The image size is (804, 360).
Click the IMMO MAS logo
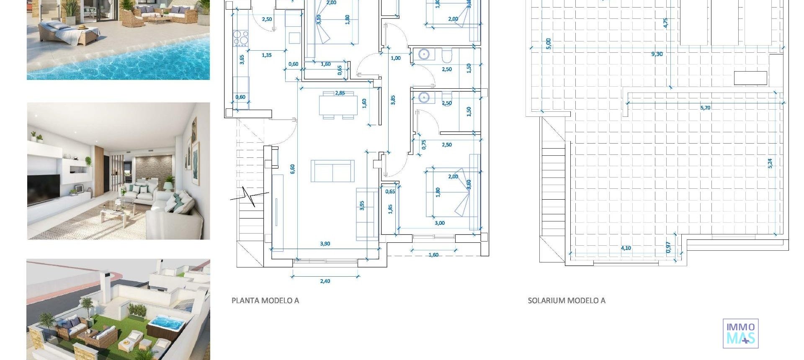(740, 333)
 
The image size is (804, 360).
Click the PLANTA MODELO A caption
(265, 301)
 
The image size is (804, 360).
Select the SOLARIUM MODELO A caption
(566, 301)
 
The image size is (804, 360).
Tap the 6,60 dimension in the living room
(293, 169)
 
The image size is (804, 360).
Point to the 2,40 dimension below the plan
(325, 281)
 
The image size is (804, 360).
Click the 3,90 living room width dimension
(325, 244)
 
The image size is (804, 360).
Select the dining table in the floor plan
(338, 105)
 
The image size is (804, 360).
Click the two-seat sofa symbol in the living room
(332, 171)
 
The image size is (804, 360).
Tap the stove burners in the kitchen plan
(240, 38)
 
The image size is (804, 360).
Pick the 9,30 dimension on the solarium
(657, 54)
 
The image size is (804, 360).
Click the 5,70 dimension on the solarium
(705, 108)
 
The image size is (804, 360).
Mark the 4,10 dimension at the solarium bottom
(626, 248)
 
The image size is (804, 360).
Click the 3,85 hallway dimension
(393, 100)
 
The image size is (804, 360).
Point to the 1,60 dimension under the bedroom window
(434, 255)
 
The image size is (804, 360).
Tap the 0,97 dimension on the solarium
(668, 247)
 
